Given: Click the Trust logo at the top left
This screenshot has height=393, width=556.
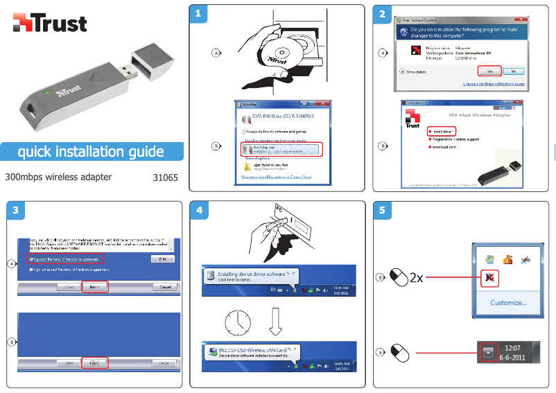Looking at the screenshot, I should click(x=50, y=23).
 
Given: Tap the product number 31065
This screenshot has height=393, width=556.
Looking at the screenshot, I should click(x=165, y=177).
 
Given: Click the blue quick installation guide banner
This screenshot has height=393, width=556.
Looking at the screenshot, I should click(x=91, y=152).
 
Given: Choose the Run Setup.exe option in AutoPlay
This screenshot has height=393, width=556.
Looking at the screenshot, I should click(x=281, y=149).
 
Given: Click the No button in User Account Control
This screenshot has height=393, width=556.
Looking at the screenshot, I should click(x=513, y=71).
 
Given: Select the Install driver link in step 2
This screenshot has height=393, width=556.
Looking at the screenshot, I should click(x=442, y=130).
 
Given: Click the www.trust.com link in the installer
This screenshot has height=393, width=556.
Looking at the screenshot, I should click(x=442, y=147).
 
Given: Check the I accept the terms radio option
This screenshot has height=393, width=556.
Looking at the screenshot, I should click(x=65, y=259).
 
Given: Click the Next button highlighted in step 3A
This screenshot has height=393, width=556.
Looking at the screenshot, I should click(x=94, y=286).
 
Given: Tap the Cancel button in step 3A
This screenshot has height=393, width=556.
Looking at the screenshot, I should click(x=165, y=286).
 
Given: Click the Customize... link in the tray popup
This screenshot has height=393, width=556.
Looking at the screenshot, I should click(x=508, y=302).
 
